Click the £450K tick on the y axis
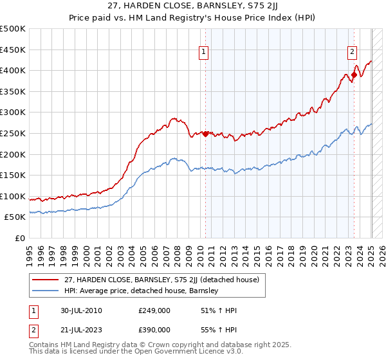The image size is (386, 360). pos(13,50)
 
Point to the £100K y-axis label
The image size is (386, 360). pos(13,196)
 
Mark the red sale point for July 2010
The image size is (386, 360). pos(206,134)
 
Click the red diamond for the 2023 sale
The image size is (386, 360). pos(354,75)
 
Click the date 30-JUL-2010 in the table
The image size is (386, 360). pos(78,310)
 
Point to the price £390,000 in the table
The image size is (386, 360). pos(154,329)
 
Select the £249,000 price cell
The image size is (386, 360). pos(154,310)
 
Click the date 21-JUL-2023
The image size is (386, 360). pos(78,329)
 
